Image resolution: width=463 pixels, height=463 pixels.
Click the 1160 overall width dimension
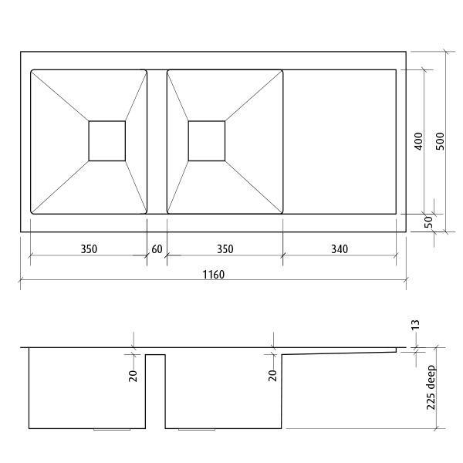tap(213, 275)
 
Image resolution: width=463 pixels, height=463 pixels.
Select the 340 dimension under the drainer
tap(339, 249)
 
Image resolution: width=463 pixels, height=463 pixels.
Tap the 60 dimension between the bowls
tap(157, 249)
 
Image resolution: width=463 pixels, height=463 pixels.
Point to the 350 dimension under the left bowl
tap(88, 249)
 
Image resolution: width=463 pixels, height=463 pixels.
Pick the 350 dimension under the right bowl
tap(224, 249)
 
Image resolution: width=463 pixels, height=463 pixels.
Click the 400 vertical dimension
tap(417, 140)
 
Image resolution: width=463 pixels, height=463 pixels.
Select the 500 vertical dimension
tap(440, 140)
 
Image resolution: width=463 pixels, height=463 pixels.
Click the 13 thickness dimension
tap(416, 326)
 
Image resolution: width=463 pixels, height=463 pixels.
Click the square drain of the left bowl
tap(106, 140)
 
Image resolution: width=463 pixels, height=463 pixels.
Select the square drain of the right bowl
tap(207, 140)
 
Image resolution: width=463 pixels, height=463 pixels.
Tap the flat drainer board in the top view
tap(340, 140)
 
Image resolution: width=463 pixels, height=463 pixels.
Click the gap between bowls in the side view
tap(156, 390)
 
